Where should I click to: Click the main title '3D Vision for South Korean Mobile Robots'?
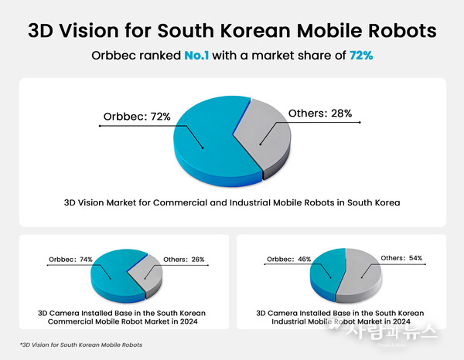[232, 31]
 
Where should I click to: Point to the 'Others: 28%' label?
[319, 114]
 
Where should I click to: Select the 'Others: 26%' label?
[185, 260]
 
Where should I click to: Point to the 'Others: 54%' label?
[402, 258]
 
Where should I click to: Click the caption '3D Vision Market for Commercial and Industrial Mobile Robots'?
[232, 205]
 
